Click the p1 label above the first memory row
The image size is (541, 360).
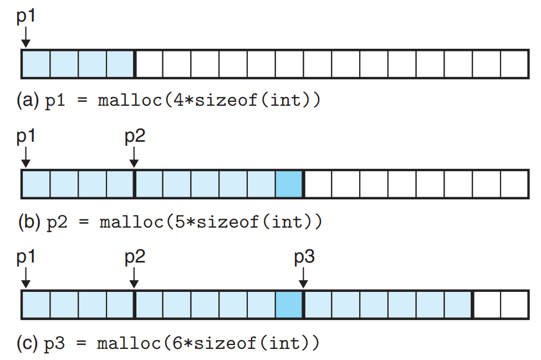(26, 17)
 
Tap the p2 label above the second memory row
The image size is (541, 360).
(135, 137)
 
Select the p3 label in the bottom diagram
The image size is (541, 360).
(304, 257)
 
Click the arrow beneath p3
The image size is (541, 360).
(303, 278)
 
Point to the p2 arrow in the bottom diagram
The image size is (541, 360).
(134, 278)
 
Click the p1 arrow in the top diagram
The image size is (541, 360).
(25, 37)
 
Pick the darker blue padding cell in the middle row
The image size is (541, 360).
(289, 184)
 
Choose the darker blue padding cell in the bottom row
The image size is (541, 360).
(289, 305)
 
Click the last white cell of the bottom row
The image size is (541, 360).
(514, 305)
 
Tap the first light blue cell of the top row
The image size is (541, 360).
(36, 64)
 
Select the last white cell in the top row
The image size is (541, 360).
(514, 64)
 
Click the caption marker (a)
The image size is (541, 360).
(28, 100)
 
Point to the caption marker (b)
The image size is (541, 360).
(29, 222)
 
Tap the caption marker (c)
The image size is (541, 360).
(27, 343)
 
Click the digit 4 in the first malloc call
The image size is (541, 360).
(178, 100)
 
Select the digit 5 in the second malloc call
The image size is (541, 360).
(180, 222)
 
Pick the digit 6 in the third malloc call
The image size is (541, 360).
(177, 343)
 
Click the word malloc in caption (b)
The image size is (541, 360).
(131, 222)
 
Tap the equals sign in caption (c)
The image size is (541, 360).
(81, 343)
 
